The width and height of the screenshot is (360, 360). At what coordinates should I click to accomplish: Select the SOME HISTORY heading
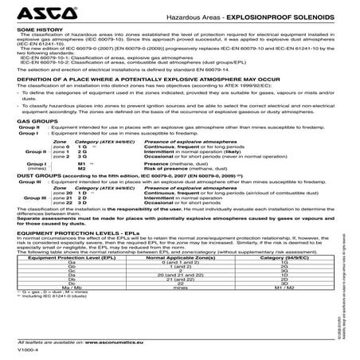pyautogui.click(x=37, y=31)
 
